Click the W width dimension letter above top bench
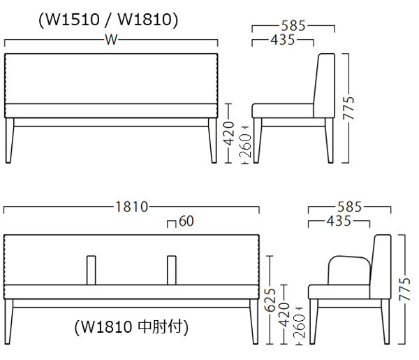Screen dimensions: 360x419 point(111,40)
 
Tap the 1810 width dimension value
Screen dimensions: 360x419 point(131,207)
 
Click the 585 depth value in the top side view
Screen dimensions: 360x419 point(294,27)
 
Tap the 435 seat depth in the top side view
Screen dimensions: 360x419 point(283,41)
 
